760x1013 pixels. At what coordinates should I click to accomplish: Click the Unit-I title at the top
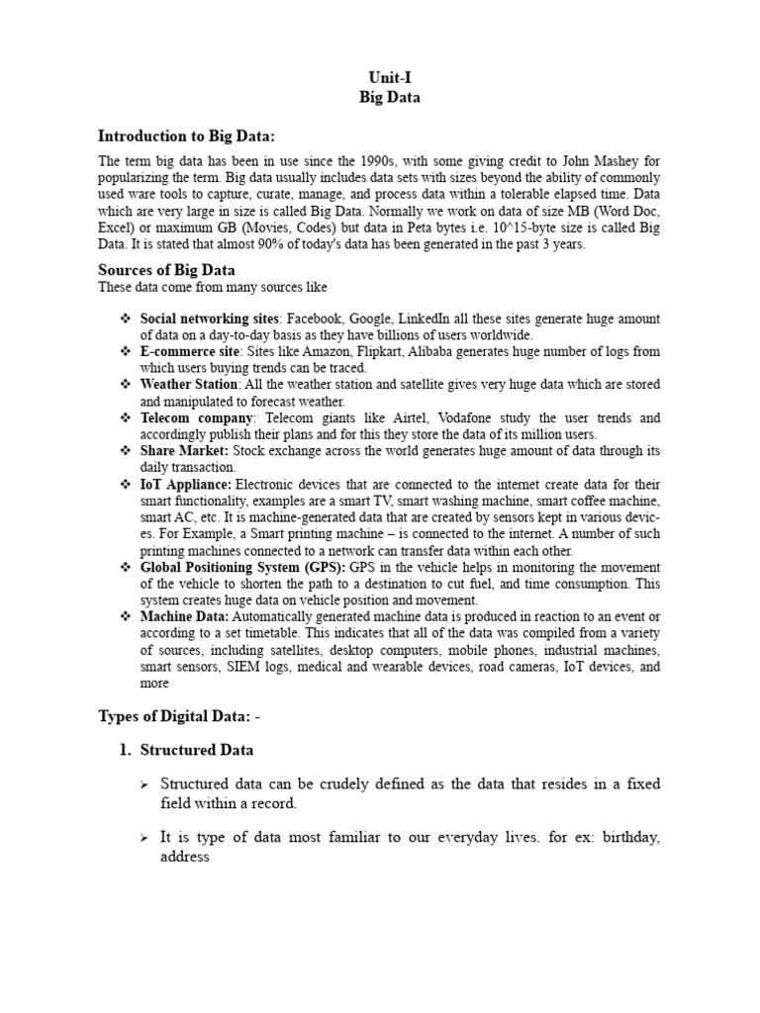pos(380,77)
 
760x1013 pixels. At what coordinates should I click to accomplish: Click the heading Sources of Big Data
pos(166,270)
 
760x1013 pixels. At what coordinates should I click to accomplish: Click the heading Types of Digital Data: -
pos(180,715)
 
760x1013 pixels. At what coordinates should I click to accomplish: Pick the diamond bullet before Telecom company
pos(126,417)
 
